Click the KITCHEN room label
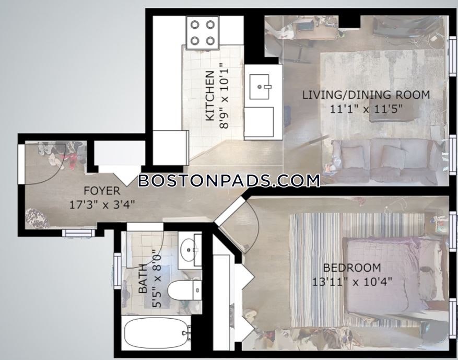pyautogui.click(x=210, y=96)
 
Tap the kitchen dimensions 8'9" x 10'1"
pyautogui.click(x=225, y=96)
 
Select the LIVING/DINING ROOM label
pyautogui.click(x=366, y=95)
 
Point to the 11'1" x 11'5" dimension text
pyautogui.click(x=366, y=109)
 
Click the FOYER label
pyautogui.click(x=102, y=191)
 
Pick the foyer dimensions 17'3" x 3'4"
pyautogui.click(x=102, y=204)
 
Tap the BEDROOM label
pyautogui.click(x=352, y=268)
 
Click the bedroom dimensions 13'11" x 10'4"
pyautogui.click(x=352, y=282)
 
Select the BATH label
pyautogui.click(x=143, y=278)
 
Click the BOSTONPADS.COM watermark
pyautogui.click(x=229, y=181)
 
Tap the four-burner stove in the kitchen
pyautogui.click(x=203, y=32)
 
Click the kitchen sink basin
pyautogui.click(x=260, y=87)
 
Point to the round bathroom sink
pyautogui.click(x=188, y=250)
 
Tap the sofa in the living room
pyautogui.click(x=385, y=161)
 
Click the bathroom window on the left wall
pyautogui.click(x=118, y=271)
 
